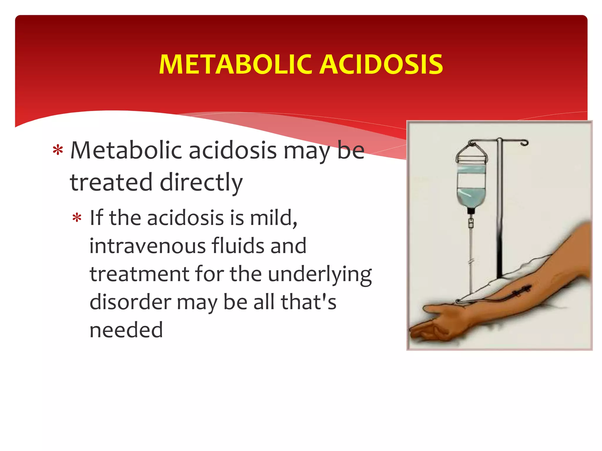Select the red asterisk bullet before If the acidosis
(x=77, y=218)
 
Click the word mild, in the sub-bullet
(x=273, y=218)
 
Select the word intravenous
(x=147, y=246)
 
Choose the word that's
(x=308, y=302)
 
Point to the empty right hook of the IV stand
(x=524, y=143)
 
